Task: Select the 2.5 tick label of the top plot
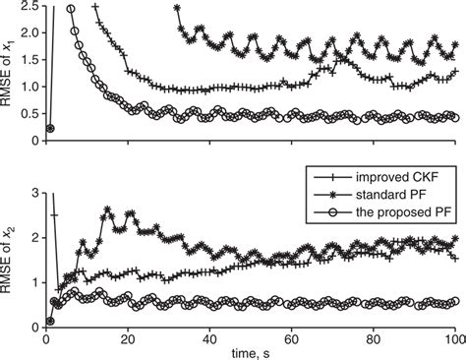[x=29, y=8]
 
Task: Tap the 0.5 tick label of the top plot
[x=29, y=114]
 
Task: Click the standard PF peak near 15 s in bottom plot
[x=106, y=210]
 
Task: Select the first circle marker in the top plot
[x=50, y=128]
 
